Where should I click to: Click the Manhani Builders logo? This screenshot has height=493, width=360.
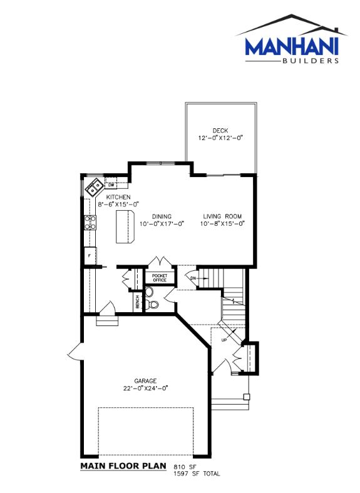click(291, 39)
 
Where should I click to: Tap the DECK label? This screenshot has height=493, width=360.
click(220, 131)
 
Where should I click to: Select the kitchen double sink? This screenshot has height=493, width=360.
click(93, 187)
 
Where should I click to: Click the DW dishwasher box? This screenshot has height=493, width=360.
click(111, 185)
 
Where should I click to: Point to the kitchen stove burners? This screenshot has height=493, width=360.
click(90, 223)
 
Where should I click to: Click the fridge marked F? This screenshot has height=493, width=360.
click(90, 256)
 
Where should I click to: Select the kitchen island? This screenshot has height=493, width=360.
click(126, 226)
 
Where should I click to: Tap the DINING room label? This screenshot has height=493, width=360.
click(162, 216)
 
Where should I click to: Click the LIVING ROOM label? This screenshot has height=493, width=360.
click(222, 216)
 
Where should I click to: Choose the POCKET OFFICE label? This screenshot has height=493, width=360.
click(160, 278)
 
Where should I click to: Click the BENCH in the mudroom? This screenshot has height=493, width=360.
click(138, 302)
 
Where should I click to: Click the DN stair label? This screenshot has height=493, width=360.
click(193, 278)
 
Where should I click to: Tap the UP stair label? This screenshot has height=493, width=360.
click(224, 340)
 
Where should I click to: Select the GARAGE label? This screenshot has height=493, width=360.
click(145, 381)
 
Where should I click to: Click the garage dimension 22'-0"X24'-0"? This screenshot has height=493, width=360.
click(146, 389)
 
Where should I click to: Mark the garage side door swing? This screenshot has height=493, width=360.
click(75, 352)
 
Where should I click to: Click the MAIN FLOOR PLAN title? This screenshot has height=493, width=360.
click(123, 465)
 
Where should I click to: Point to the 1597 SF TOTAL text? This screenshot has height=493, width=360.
click(197, 474)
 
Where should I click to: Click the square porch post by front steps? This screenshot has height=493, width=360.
click(247, 397)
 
